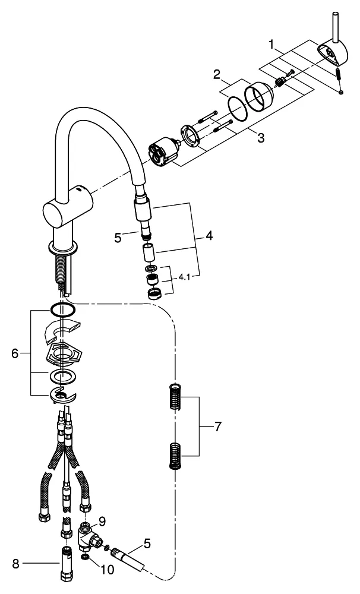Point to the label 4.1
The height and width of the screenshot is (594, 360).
click(185, 276)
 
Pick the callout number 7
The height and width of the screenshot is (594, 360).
click(217, 427)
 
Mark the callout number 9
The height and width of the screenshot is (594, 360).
click(103, 522)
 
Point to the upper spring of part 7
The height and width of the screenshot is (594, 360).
click(174, 396)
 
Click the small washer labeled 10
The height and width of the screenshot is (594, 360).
click(87, 559)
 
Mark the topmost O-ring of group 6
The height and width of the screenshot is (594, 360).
click(62, 310)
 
